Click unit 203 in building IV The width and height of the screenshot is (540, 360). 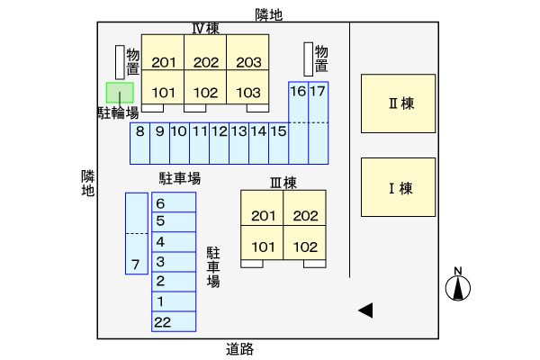click(248, 62)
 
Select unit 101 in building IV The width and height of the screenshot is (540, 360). click(164, 92)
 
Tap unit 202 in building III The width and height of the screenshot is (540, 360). click(305, 215)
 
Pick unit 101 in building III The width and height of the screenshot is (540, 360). click(263, 247)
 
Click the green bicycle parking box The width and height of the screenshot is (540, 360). click(120, 92)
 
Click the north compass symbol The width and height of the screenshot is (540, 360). click(459, 286)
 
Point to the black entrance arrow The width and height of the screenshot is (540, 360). click(365, 310)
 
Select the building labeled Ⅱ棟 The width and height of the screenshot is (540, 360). click(399, 103)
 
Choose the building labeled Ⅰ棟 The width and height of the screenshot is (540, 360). click(399, 187)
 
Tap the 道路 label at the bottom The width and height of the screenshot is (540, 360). click(239, 348)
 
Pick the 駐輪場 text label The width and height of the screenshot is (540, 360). click(118, 112)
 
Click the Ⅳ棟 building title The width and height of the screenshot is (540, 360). click(205, 28)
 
